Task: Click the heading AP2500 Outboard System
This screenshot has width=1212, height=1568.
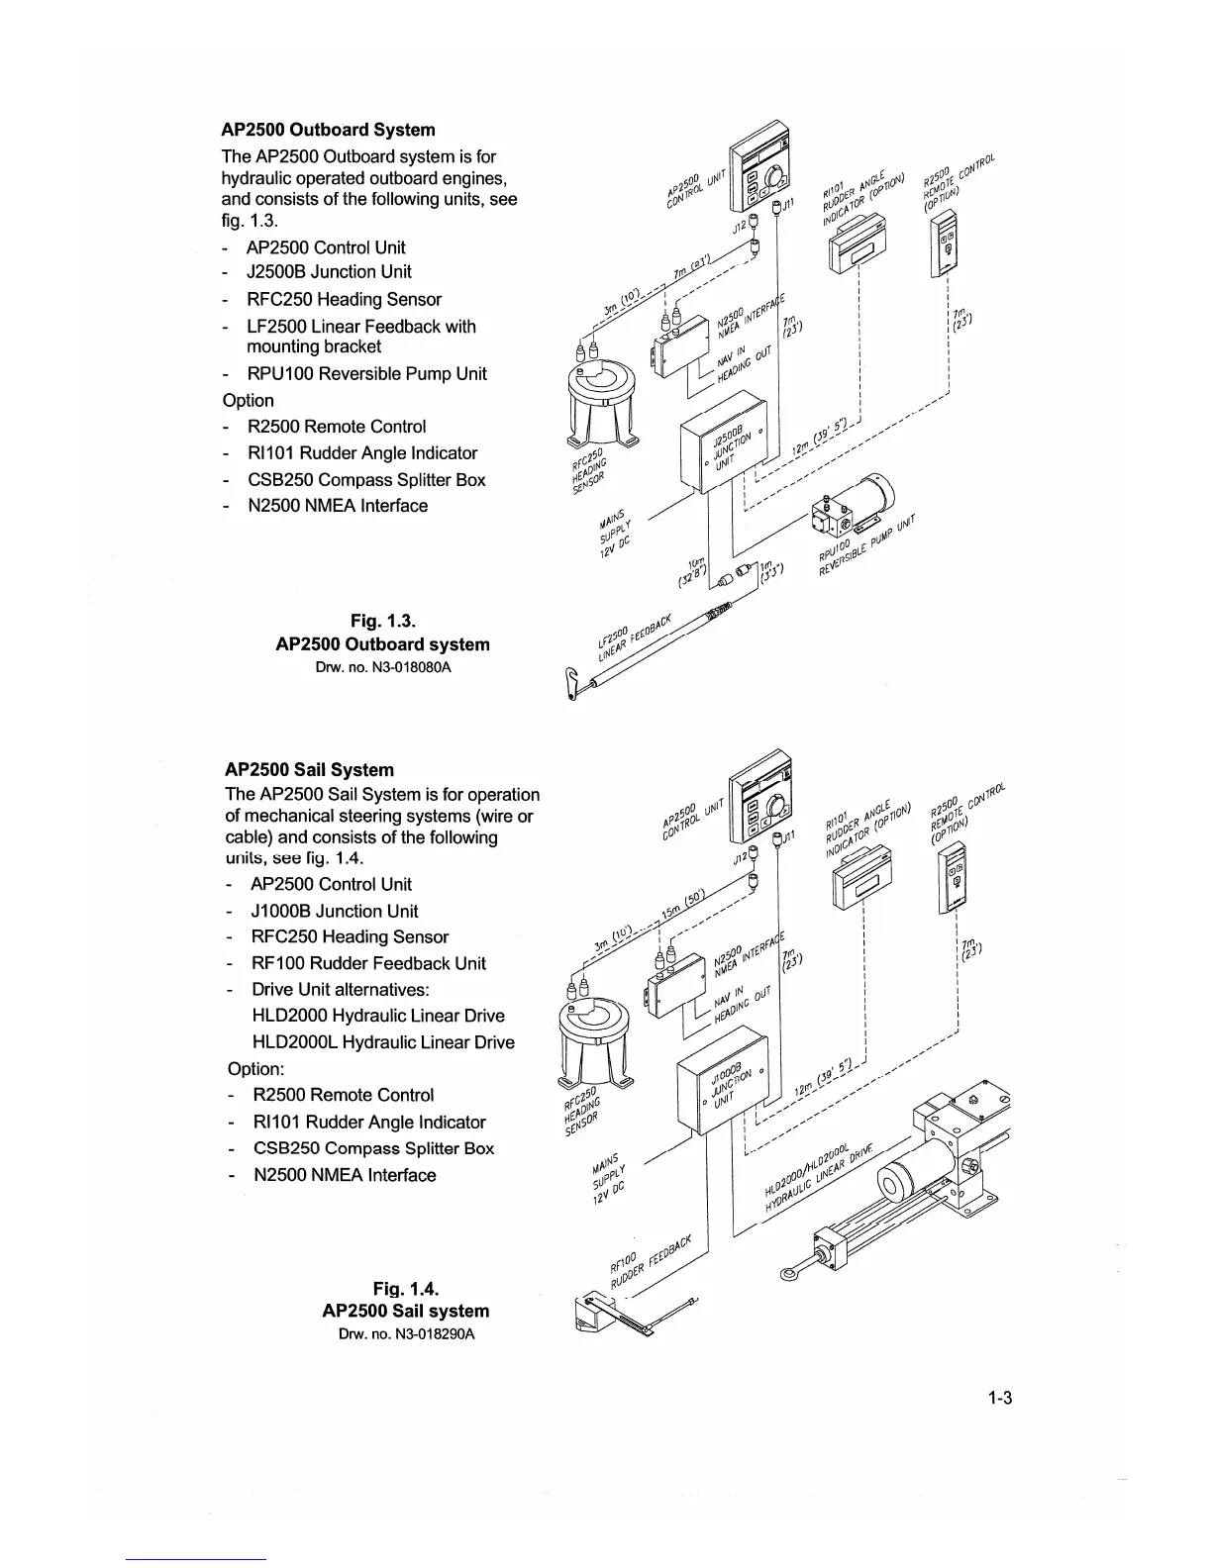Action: point(328,130)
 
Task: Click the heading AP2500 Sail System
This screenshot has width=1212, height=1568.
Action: point(309,769)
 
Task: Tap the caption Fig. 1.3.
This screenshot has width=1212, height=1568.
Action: point(382,621)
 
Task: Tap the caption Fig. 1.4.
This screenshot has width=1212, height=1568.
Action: point(405,1288)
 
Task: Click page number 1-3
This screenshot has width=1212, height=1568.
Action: point(997,1398)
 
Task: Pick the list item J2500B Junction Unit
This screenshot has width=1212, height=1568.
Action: point(329,271)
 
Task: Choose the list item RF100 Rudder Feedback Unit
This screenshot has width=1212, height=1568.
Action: point(368,963)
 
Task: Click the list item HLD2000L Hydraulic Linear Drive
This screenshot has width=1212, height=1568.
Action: point(383,1041)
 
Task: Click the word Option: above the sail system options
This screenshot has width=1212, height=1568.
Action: point(255,1069)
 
